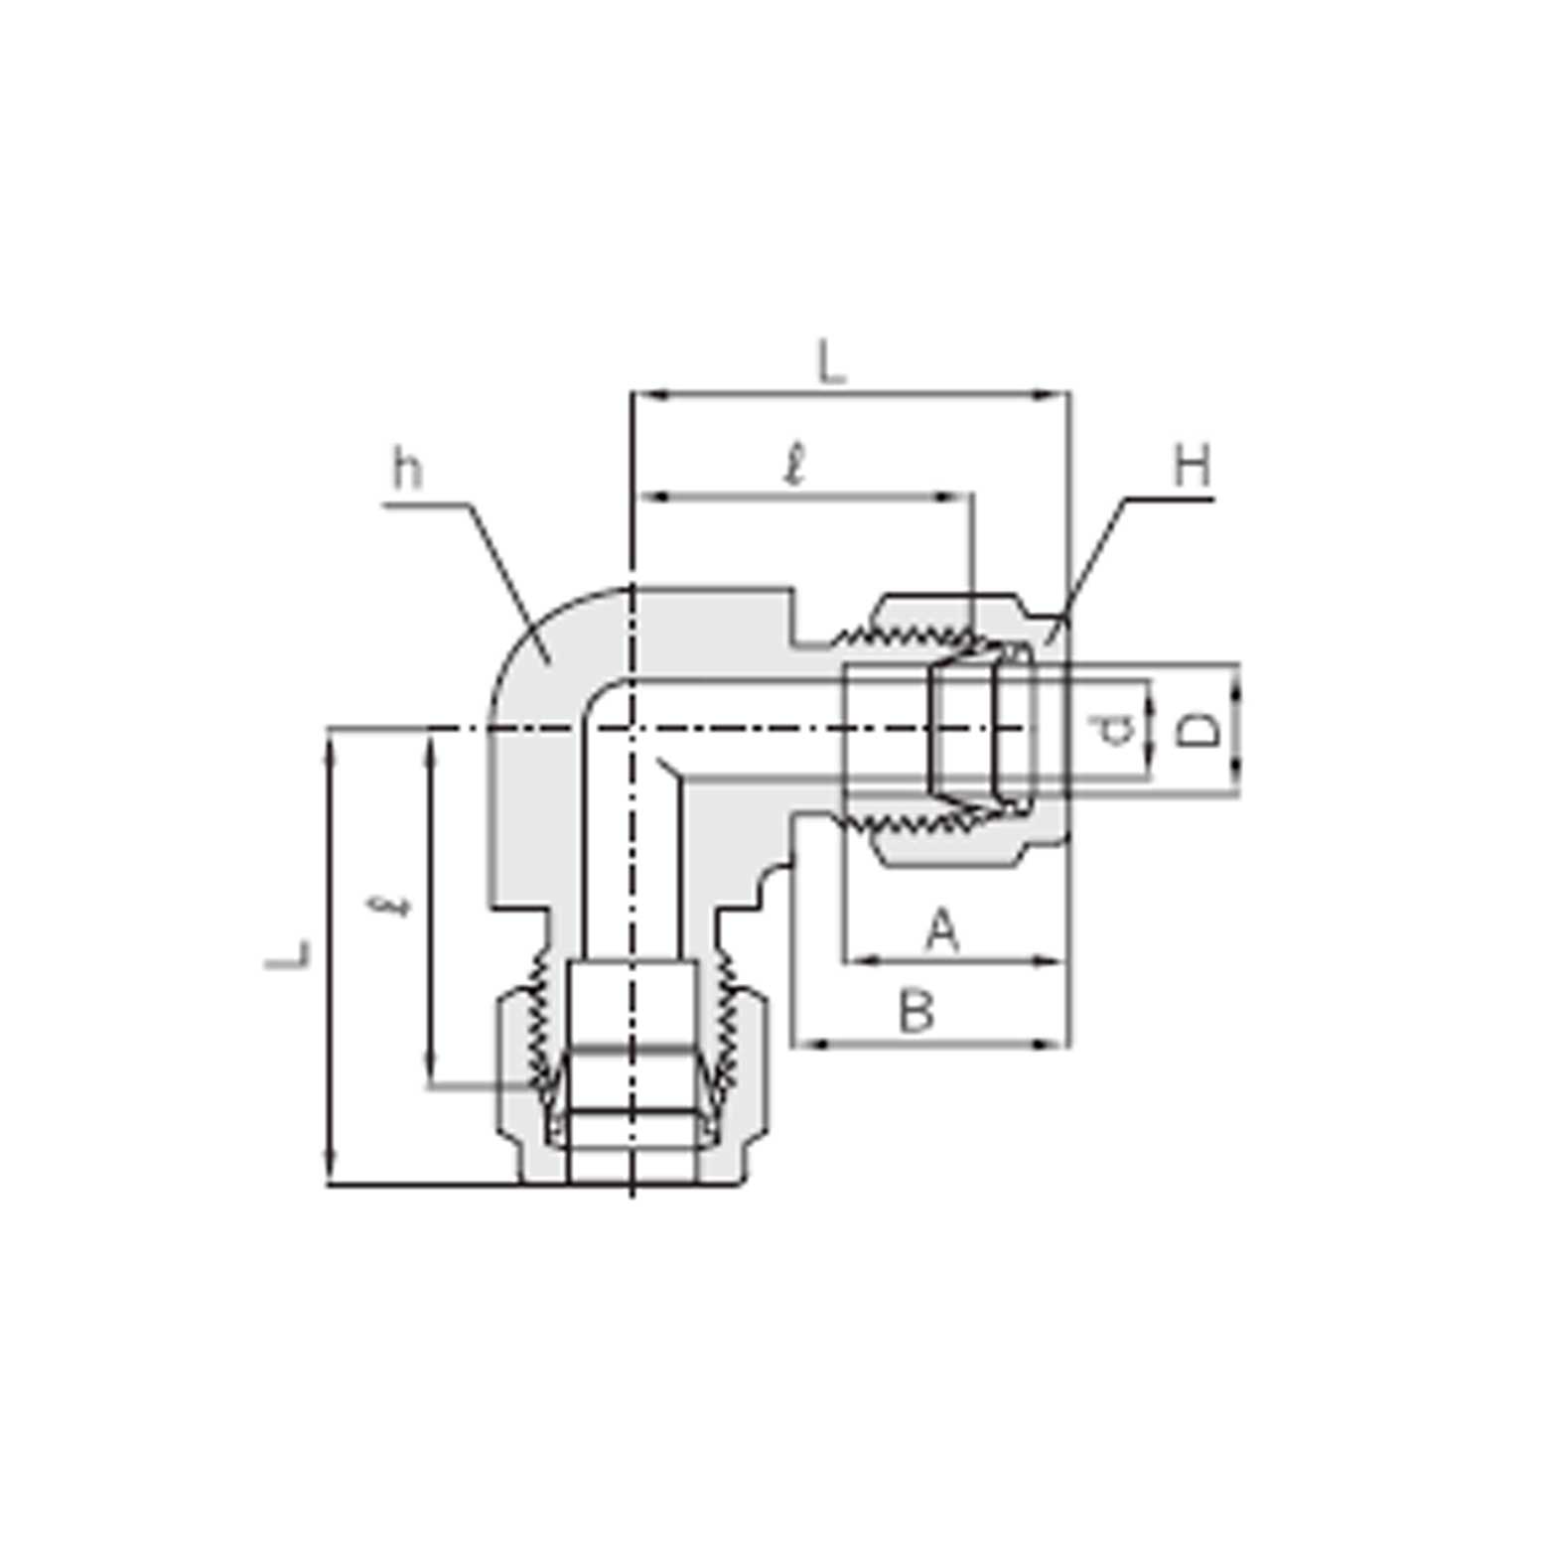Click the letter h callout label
point(407,469)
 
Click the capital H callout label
point(1192,466)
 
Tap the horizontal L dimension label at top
point(831,362)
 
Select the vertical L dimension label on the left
point(288,954)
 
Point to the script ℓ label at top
point(793,465)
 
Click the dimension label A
point(941,931)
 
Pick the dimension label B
point(916,1013)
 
